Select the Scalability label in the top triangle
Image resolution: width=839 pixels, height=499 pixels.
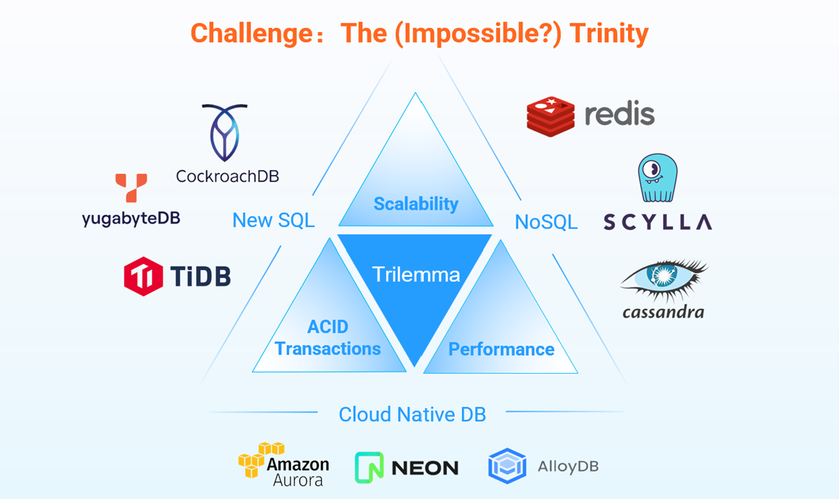[x=415, y=203]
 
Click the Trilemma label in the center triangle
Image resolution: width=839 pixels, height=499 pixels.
[x=415, y=274]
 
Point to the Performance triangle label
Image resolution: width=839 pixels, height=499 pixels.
[x=501, y=349]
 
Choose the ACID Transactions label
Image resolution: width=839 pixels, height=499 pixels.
[x=328, y=338]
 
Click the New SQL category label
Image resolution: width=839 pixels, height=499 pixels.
[x=273, y=220]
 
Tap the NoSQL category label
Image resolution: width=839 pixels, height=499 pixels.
[x=546, y=222]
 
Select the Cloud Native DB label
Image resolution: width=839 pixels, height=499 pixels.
[x=412, y=414]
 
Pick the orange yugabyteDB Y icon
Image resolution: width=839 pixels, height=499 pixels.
[x=131, y=187]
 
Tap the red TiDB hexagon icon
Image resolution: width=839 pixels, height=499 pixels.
[x=143, y=276]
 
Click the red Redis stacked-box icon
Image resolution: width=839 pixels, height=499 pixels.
[x=551, y=116]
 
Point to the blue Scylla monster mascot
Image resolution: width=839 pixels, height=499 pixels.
[x=657, y=178]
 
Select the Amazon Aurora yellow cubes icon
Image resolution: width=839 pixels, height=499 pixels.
[x=259, y=459]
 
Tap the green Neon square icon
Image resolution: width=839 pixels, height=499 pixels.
[x=369, y=467]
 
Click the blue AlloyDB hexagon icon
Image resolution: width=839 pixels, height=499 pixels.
[x=508, y=466]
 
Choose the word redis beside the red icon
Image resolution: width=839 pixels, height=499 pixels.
[x=619, y=115]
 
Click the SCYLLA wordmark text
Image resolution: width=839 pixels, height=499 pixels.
[x=657, y=222]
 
